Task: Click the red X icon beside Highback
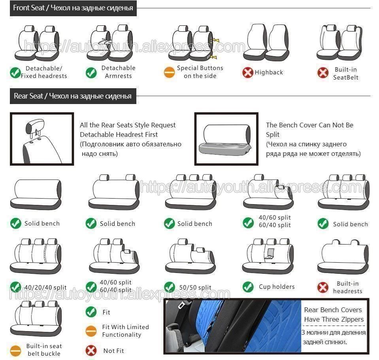point(248,72)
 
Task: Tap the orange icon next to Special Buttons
point(169,72)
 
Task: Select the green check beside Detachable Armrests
point(91,72)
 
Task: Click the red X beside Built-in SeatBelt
point(323,73)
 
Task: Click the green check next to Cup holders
point(248,287)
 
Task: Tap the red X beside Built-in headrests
point(323,287)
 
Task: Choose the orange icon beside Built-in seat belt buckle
point(16,350)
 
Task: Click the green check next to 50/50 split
point(170,287)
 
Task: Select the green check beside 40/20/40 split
point(16,287)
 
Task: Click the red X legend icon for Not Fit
point(91,350)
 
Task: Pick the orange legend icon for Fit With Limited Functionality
point(91,331)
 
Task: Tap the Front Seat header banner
point(73,8)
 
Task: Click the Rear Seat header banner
point(73,96)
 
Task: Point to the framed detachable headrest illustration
point(41,138)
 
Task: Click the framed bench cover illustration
point(226,138)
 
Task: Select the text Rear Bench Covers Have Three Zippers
point(333,315)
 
